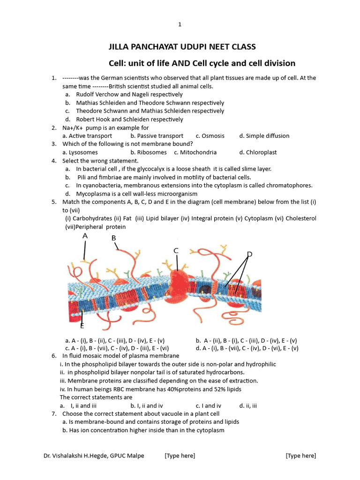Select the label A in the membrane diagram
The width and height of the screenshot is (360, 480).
tap(85, 236)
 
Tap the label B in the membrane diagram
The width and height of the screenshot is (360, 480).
tap(113, 239)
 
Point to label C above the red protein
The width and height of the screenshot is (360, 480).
tap(176, 251)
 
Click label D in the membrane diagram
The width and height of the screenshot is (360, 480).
tap(249, 254)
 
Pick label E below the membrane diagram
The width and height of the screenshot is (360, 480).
tap(82, 325)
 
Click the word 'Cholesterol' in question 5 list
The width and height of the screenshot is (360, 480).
tap(300, 218)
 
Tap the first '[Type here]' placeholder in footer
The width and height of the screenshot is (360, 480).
tap(180, 456)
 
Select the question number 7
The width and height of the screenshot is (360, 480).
tap(54, 414)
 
